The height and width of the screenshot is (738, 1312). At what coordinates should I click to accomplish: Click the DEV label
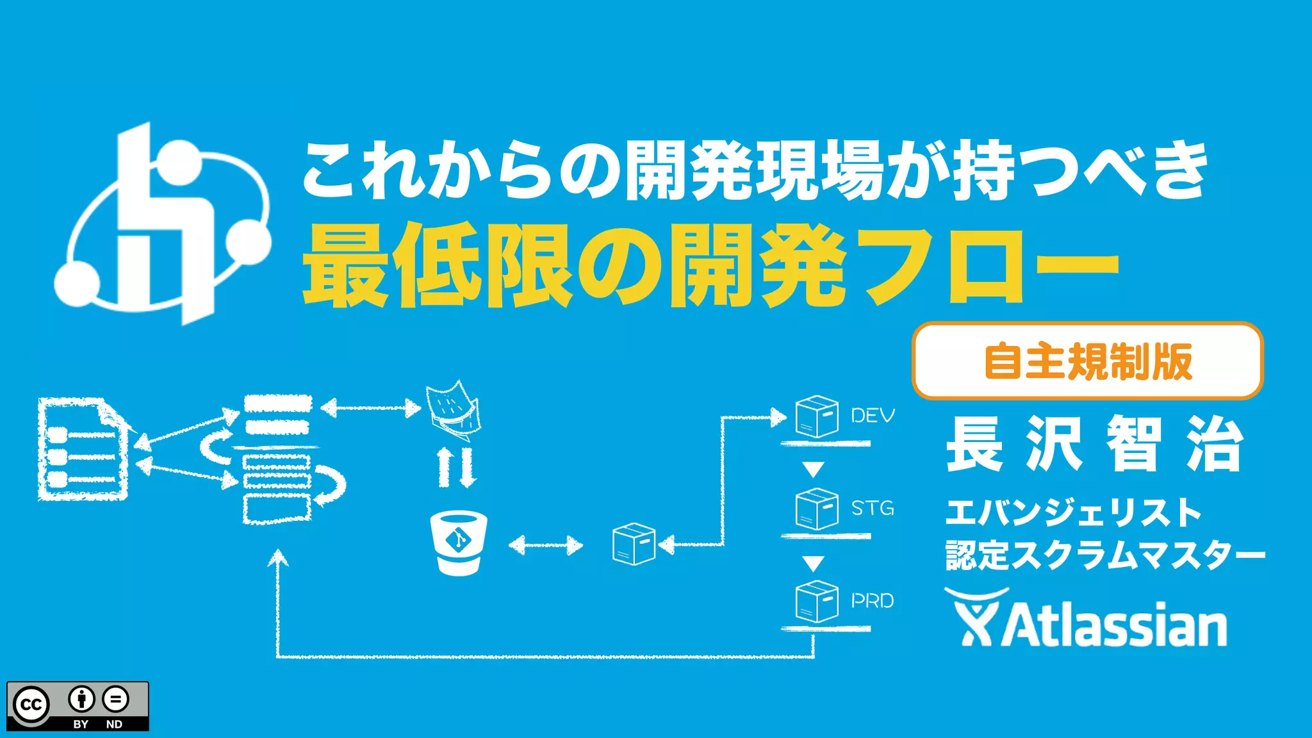coord(872,416)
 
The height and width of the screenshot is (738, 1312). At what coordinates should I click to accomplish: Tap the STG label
coord(872,508)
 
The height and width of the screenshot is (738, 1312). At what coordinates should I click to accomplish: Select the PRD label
coord(872,601)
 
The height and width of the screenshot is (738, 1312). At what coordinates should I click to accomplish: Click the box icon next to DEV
coord(817,416)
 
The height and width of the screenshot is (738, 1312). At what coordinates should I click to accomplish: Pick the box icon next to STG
coord(817,509)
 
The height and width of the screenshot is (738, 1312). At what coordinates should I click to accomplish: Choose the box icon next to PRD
coord(817,602)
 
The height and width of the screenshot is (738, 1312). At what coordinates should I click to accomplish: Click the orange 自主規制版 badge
coord(1087,361)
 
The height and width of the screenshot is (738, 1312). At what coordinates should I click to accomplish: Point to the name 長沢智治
coord(1095,443)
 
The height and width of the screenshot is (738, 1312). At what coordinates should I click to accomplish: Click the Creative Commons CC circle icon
coord(31,705)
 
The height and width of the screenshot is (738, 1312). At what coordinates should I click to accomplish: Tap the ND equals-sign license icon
coord(115,700)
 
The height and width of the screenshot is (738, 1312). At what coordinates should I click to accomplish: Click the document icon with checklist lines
coord(83,449)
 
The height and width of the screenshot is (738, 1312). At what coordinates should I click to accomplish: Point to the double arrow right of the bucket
coord(546,546)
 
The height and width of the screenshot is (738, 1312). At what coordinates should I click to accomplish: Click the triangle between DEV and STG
coord(814,470)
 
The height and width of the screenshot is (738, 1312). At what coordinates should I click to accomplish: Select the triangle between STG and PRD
coord(814,563)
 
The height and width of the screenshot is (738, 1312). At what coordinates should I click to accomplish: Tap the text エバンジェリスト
coord(1073,512)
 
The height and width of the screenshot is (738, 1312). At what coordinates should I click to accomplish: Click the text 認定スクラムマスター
coord(1105,555)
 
